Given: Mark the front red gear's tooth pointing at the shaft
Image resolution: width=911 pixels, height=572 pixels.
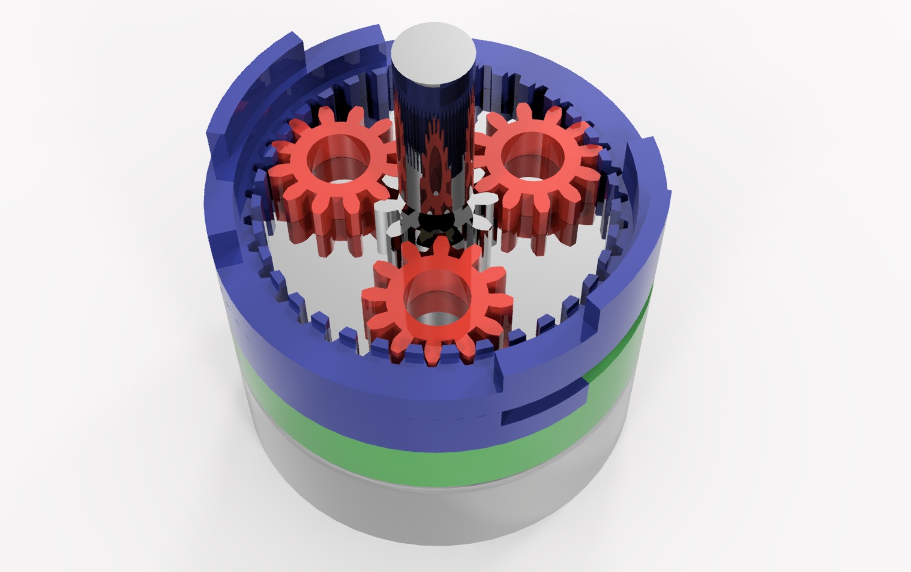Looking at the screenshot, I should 439,246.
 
